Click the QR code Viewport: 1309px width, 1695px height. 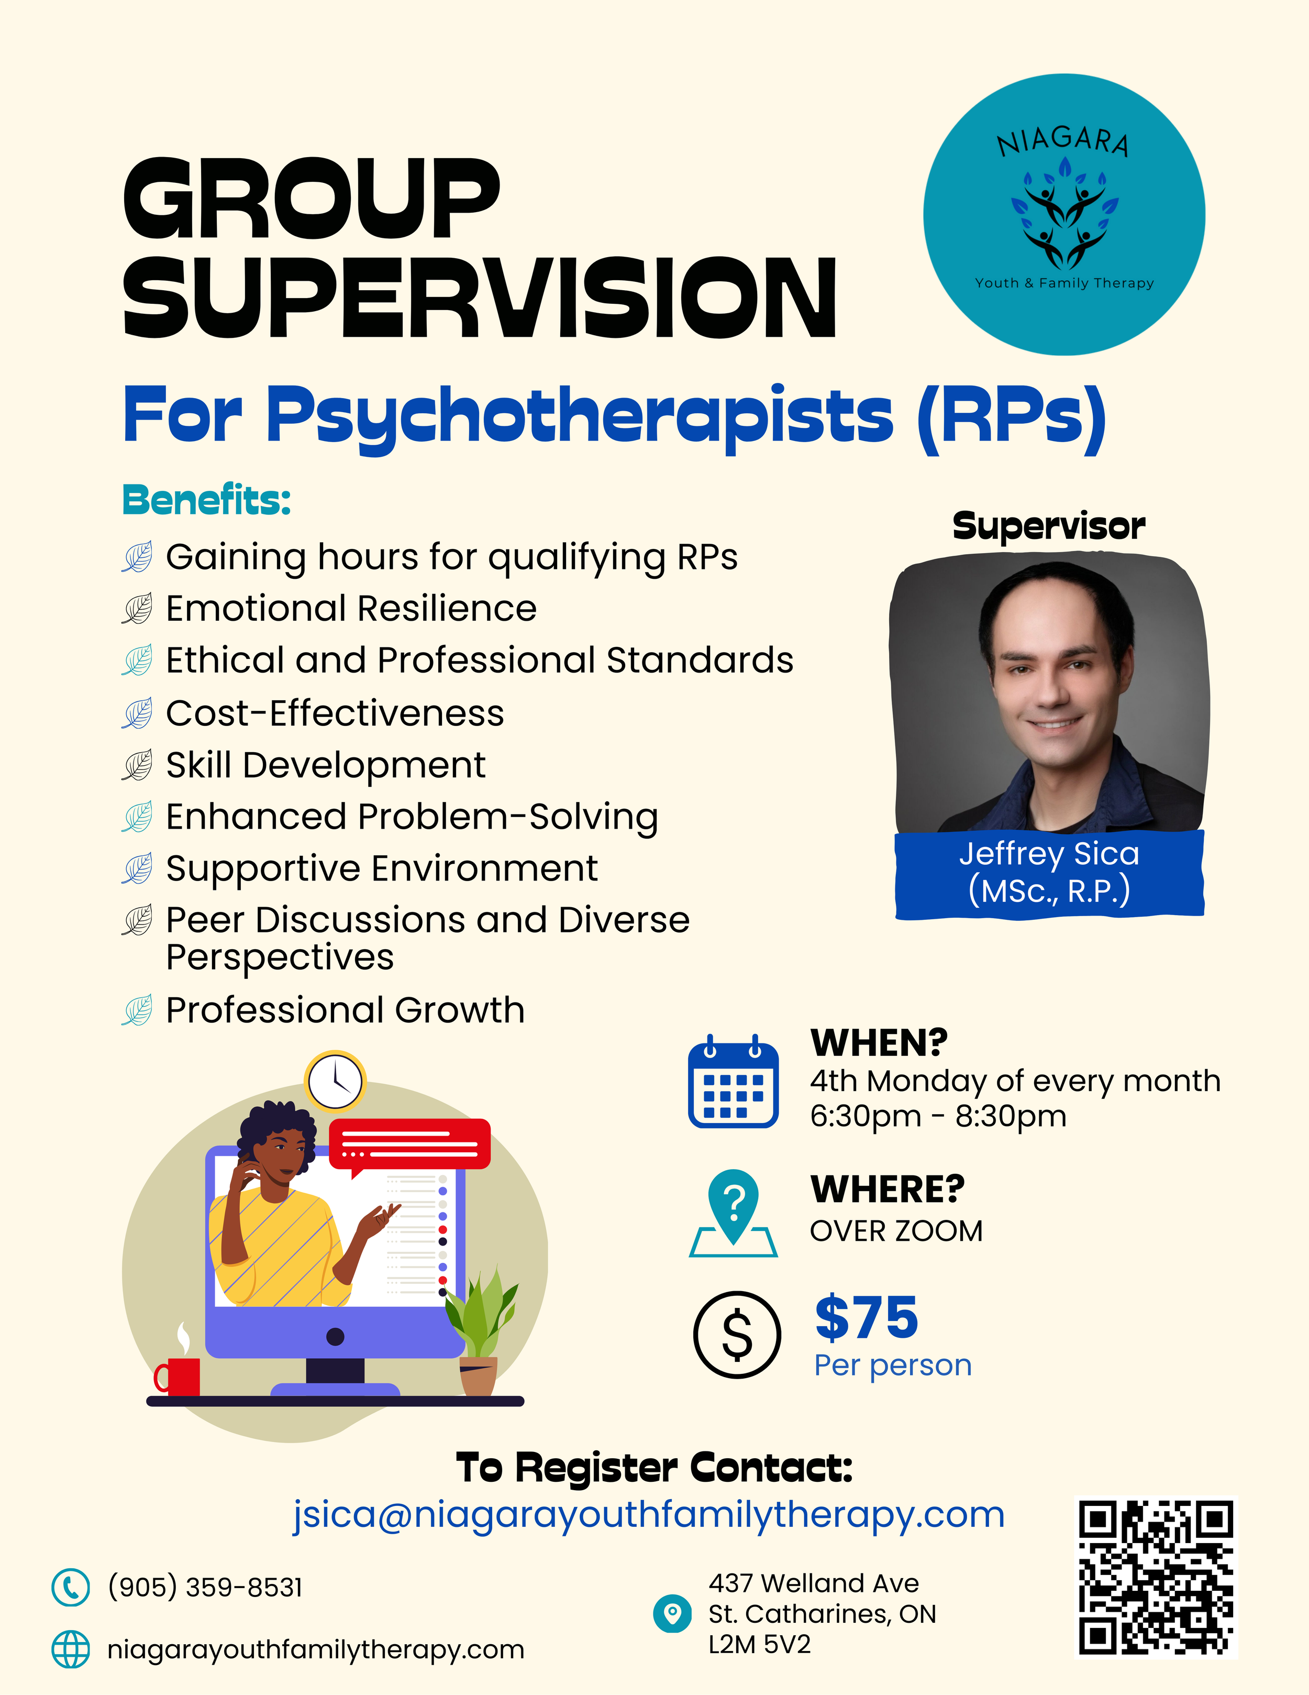[1156, 1578]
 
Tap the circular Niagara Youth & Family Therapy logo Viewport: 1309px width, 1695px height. [1064, 215]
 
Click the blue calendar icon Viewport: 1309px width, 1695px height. [733, 1081]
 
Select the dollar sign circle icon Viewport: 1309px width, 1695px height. [736, 1334]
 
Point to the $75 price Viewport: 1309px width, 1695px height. [867, 1317]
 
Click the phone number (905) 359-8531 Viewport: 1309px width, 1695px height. [205, 1587]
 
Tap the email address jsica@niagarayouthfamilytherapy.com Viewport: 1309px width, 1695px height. [649, 1514]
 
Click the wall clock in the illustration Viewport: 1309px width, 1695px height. [335, 1081]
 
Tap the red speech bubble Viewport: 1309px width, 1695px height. [409, 1144]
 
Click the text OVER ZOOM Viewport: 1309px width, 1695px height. [896, 1231]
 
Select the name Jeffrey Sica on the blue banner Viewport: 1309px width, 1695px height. [1049, 854]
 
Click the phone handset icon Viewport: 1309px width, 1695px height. [71, 1587]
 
